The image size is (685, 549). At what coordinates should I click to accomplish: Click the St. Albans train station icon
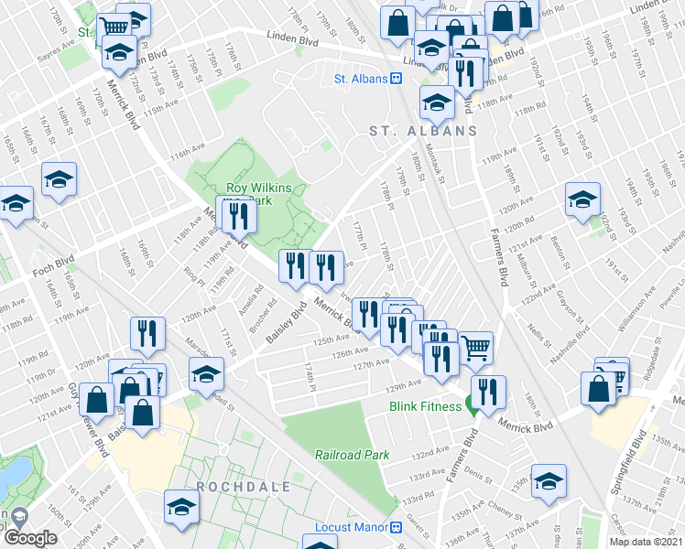[x=397, y=80]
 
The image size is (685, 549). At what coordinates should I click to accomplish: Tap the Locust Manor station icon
[x=397, y=528]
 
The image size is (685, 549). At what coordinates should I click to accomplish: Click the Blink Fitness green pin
[x=473, y=407]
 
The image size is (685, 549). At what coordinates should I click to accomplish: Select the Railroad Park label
[x=353, y=455]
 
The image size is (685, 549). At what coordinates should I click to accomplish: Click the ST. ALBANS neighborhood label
[x=423, y=131]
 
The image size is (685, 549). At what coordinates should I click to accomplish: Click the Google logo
[x=30, y=537]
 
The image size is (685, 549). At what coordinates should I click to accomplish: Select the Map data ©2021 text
[x=647, y=542]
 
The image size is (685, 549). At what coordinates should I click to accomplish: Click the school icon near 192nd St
[x=582, y=199]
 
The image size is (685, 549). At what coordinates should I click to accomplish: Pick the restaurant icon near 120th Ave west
[x=147, y=333]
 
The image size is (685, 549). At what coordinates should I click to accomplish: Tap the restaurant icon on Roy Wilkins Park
[x=237, y=216]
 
